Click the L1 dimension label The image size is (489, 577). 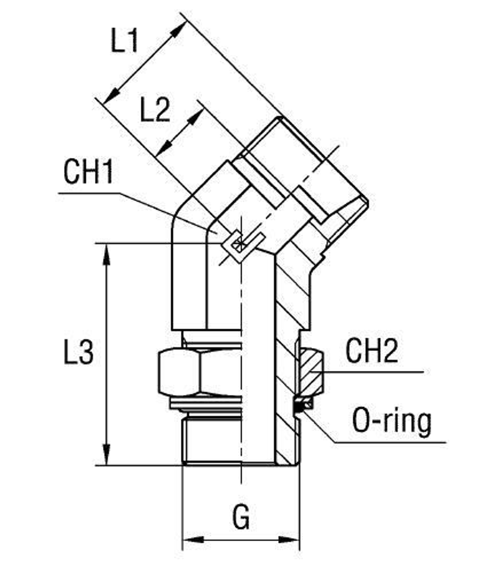(x=124, y=41)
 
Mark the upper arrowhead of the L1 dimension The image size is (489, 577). (x=179, y=28)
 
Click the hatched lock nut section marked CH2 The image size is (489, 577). (x=311, y=372)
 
